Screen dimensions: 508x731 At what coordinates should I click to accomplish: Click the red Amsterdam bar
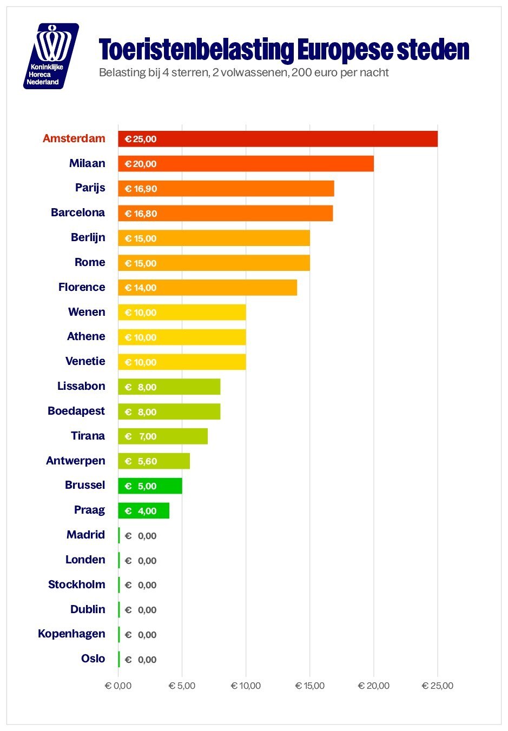coord(278,139)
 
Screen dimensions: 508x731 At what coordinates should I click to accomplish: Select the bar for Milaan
coord(246,163)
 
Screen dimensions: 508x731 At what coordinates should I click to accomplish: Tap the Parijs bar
coord(226,188)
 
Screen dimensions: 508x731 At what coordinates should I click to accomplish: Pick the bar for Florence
coord(208,288)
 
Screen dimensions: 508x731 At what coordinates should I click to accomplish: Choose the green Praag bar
coord(144,510)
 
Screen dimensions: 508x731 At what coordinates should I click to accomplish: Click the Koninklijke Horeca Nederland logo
coord(51,56)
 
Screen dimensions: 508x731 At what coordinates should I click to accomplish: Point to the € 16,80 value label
coord(141,214)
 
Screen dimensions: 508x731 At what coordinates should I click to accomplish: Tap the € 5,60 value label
coord(141,461)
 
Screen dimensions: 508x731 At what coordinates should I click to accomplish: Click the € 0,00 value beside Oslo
coord(141,659)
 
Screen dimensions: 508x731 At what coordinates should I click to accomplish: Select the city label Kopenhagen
coord(71,634)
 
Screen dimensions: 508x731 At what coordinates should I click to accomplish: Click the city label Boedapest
coord(76,411)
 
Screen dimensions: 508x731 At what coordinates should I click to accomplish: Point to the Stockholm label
coord(77,584)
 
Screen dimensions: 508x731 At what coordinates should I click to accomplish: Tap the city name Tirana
coord(88,436)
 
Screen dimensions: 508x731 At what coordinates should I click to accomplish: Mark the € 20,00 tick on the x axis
coord(374,686)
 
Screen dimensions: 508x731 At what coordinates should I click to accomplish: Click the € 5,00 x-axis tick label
coord(182,686)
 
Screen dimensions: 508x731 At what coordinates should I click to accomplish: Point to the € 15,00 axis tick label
coord(310,686)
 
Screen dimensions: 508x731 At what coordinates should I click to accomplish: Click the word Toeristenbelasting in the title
coord(196,50)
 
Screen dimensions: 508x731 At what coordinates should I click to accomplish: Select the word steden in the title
coord(433,49)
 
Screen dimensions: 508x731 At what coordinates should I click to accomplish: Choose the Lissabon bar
coord(169,387)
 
